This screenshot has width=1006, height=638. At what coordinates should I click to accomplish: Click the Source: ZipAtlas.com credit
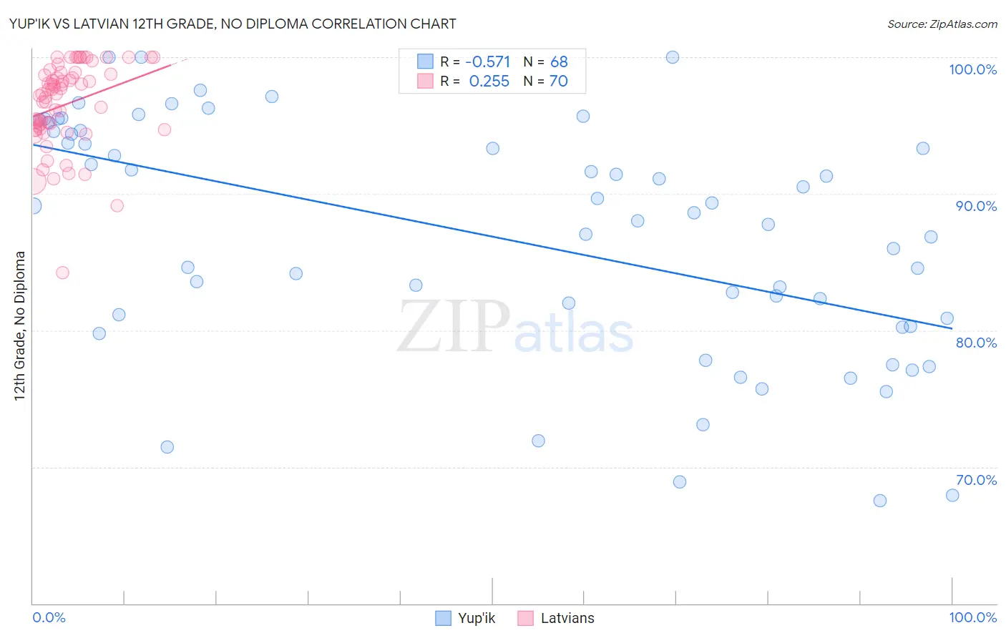[x=942, y=24]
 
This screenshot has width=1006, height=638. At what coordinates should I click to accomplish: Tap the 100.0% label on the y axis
[x=972, y=69]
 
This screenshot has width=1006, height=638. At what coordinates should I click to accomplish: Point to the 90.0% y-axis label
[x=975, y=206]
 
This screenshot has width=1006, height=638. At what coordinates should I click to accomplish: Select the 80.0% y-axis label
[x=975, y=343]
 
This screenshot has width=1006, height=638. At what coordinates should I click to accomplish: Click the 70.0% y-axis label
[x=975, y=480]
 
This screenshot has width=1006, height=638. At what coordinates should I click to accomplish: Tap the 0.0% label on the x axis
[x=49, y=617]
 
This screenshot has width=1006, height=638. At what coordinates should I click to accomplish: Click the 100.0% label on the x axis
[x=972, y=617]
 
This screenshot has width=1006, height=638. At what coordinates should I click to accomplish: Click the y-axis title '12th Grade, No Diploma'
[x=20, y=325]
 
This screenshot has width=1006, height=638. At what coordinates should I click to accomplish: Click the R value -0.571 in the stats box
[x=487, y=62]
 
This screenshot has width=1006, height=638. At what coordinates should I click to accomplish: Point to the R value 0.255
[x=489, y=82]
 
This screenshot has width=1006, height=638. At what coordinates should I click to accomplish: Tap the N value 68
[x=559, y=62]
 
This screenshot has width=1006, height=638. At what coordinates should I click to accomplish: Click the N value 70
[x=558, y=82]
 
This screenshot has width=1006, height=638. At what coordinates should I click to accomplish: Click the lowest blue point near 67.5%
[x=880, y=501]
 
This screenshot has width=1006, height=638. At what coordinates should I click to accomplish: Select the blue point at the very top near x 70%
[x=673, y=57]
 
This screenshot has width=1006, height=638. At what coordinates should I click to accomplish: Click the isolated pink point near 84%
[x=62, y=273]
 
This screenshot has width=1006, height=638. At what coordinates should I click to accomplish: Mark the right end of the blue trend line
[x=952, y=328]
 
